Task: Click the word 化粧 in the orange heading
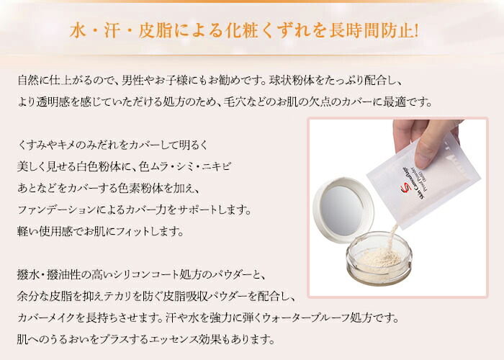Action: (242, 31)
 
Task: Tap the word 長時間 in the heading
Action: (354, 31)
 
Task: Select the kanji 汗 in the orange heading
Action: (112, 31)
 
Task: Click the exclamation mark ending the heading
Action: (416, 31)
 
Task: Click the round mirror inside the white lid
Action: (342, 210)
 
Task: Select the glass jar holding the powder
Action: (379, 258)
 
